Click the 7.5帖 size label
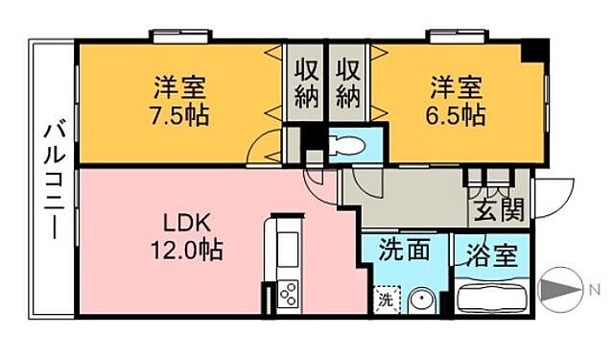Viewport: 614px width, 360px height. click(x=180, y=117)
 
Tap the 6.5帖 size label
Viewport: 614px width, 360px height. click(x=456, y=117)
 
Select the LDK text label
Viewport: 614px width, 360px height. click(x=179, y=223)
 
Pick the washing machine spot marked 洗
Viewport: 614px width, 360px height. click(x=385, y=299)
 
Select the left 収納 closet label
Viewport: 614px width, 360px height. click(x=306, y=84)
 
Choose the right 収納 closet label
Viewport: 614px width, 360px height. click(x=347, y=84)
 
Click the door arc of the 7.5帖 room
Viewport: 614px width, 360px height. click(x=260, y=150)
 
